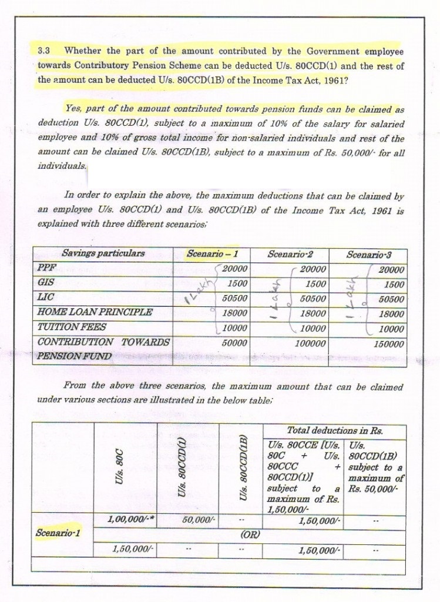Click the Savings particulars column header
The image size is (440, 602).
(x=103, y=254)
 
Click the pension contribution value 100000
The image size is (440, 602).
(x=306, y=342)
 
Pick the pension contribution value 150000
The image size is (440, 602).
(x=388, y=343)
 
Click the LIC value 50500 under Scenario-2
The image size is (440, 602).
(x=308, y=299)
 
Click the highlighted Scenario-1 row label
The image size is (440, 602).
(x=58, y=533)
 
